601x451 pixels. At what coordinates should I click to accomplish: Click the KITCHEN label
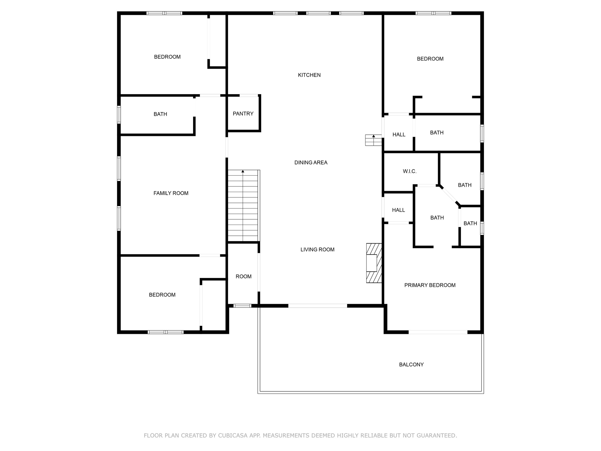[x=309, y=75]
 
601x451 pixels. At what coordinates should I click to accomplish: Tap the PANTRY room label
[x=243, y=114]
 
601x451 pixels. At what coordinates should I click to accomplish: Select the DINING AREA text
[x=311, y=163]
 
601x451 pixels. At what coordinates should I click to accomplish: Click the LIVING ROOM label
[x=317, y=250]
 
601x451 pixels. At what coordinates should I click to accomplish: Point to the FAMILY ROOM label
[x=171, y=193]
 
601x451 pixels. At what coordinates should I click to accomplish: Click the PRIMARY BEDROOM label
[x=430, y=285]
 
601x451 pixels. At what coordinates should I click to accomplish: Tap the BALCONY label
[x=411, y=365]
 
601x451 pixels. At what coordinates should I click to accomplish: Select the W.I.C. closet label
[x=409, y=171]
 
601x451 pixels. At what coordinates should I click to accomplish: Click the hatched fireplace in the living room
[x=374, y=263]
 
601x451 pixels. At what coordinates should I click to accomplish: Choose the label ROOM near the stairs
[x=243, y=277]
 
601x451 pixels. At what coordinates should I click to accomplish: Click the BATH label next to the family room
[x=160, y=114]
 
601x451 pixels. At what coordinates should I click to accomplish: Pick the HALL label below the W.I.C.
[x=398, y=210]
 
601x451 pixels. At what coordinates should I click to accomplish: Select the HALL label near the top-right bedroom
[x=399, y=135]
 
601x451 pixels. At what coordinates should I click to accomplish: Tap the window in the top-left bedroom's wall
[x=164, y=13]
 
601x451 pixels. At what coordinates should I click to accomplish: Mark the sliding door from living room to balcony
[x=318, y=306]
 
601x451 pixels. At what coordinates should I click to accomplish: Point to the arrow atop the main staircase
[x=243, y=171]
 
